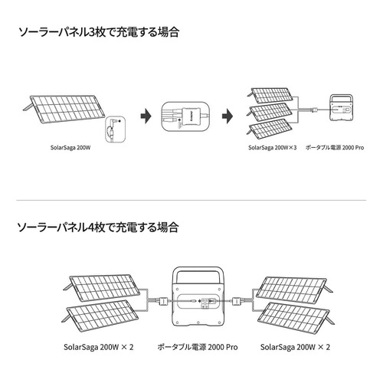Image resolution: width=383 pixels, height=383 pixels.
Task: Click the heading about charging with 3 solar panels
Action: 99,32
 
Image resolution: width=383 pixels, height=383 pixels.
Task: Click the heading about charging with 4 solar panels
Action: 97,227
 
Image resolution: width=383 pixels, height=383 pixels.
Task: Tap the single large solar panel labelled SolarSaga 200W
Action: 64,109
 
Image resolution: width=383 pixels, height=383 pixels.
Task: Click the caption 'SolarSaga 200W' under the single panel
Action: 70,148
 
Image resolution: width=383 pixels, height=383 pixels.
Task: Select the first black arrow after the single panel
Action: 146,116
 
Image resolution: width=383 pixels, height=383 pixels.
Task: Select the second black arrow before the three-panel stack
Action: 228,116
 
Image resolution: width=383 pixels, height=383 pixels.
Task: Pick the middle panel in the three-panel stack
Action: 270,110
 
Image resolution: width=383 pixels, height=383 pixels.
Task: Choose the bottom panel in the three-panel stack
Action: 270,126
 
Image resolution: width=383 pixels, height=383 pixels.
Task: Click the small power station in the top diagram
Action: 342,108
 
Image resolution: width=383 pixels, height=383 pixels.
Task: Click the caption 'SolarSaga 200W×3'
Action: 273,148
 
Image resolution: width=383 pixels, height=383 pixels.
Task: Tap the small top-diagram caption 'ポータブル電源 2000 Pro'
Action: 335,148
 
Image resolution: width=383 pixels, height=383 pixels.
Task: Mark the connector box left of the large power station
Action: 162,301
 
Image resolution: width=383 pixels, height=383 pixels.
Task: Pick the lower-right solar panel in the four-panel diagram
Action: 296,316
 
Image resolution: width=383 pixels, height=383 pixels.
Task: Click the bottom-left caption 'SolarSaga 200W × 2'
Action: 99,347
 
